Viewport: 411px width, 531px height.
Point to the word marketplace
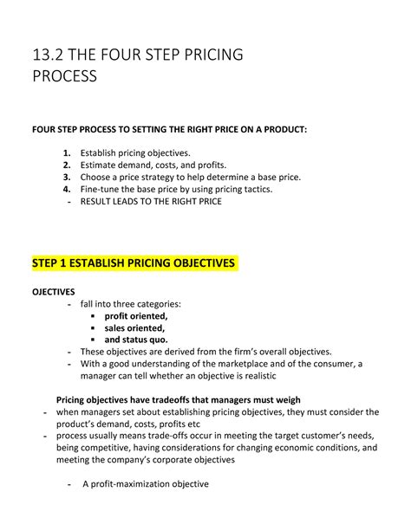click(251, 364)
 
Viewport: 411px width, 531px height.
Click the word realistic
click(254, 376)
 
